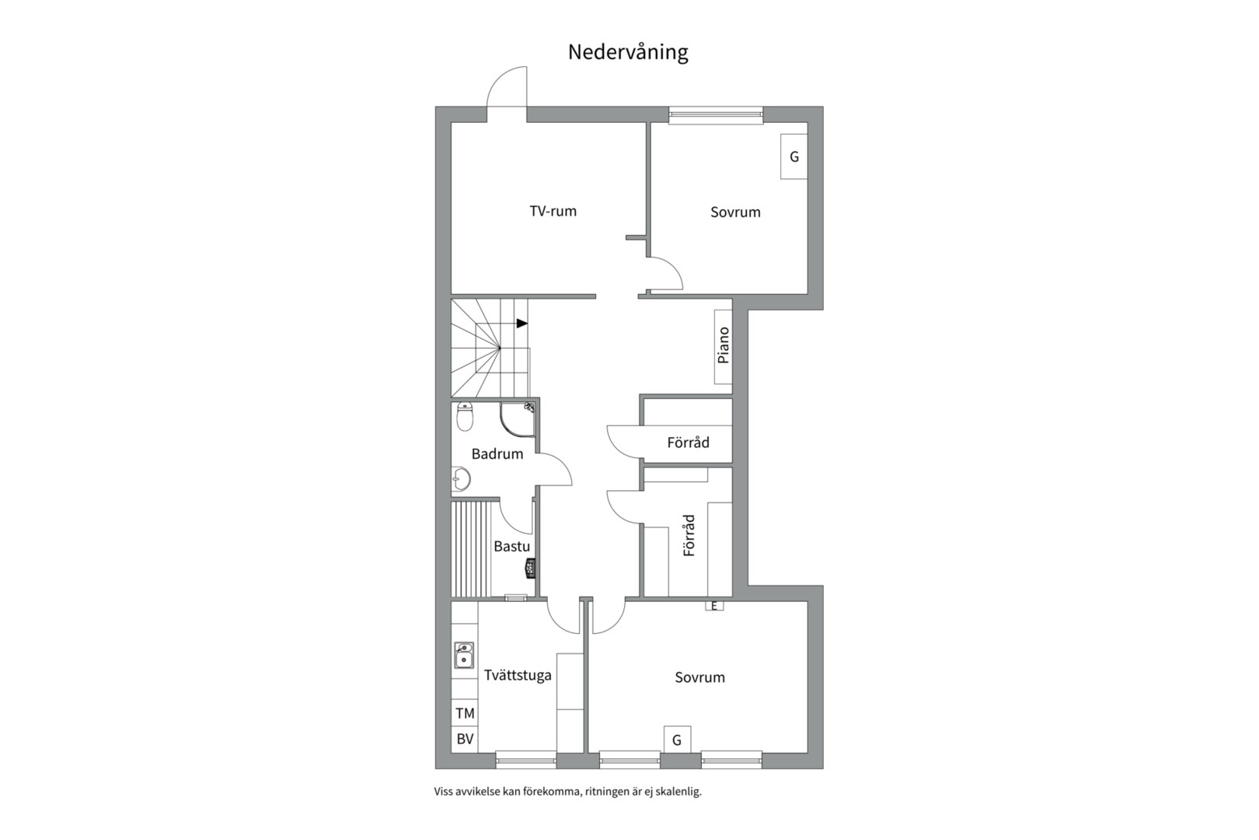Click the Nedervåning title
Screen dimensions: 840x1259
pyautogui.click(x=628, y=52)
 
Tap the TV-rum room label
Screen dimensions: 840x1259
pyautogui.click(x=553, y=211)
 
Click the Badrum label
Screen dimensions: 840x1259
pyautogui.click(x=497, y=453)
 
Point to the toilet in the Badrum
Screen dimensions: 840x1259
pyautogui.click(x=465, y=416)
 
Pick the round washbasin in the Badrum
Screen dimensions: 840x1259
pyautogui.click(x=460, y=479)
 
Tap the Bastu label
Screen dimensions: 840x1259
pyautogui.click(x=511, y=546)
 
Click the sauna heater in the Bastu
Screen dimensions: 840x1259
pyautogui.click(x=531, y=568)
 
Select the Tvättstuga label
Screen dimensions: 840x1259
pyautogui.click(x=518, y=674)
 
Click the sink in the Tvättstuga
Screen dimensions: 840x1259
pyautogui.click(x=464, y=655)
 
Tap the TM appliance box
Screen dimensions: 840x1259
pyautogui.click(x=465, y=713)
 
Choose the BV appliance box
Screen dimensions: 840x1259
pyautogui.click(x=465, y=739)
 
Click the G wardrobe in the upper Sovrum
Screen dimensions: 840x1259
pyautogui.click(x=793, y=156)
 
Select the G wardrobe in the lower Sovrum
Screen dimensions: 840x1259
pyautogui.click(x=677, y=740)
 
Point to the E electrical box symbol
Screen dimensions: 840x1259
pyautogui.click(x=714, y=605)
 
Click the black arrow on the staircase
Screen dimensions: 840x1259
pyautogui.click(x=521, y=323)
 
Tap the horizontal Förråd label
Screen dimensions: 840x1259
pyautogui.click(x=688, y=443)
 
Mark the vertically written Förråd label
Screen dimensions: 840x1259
pyautogui.click(x=689, y=535)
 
